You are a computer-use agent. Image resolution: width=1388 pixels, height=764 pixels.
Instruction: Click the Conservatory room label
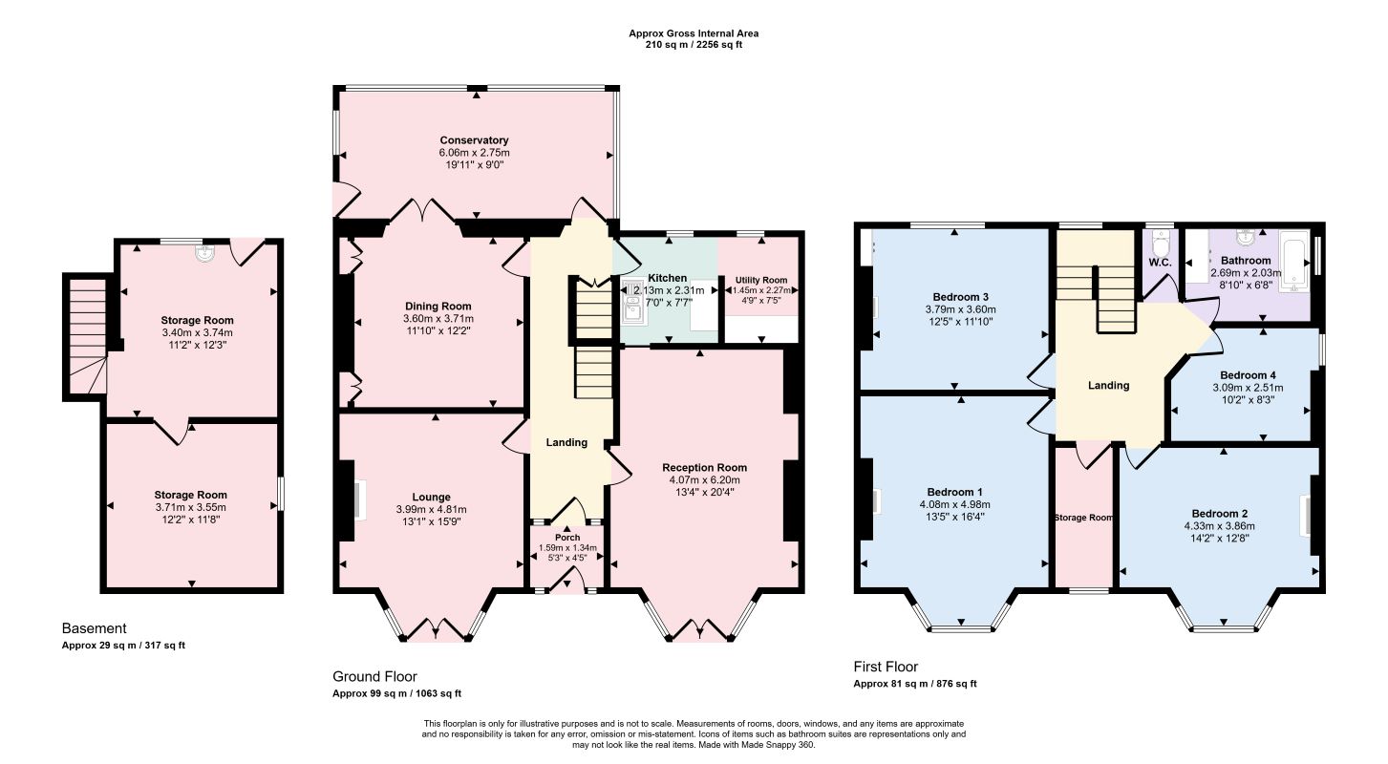point(474,140)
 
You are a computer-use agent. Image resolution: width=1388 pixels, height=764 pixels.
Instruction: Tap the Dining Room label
point(438,307)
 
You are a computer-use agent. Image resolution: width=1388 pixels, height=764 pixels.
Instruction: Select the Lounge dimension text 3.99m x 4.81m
point(431,509)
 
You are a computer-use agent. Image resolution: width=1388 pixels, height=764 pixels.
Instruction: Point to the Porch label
point(567,538)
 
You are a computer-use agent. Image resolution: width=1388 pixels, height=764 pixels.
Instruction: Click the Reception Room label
point(705,468)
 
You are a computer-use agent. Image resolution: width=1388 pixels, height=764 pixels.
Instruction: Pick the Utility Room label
point(761,280)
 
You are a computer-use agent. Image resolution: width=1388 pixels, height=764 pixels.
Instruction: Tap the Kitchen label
point(668,278)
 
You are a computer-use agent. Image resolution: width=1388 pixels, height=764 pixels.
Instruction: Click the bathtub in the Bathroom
point(1295,261)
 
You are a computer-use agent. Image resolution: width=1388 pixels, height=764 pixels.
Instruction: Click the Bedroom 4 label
point(1248,375)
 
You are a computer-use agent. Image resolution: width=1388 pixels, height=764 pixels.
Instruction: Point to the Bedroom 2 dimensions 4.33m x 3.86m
point(1220,526)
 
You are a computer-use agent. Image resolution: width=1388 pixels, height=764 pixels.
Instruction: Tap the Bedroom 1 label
point(955,492)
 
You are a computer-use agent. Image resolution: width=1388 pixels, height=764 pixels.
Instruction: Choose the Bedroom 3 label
point(960,297)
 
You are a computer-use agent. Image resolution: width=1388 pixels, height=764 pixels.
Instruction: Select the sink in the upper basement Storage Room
point(203,252)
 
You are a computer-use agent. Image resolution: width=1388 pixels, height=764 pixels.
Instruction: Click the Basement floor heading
point(95,628)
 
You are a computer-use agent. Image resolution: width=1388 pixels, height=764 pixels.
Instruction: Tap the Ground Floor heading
point(374,677)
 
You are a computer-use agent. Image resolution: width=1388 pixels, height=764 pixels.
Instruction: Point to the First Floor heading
point(886,667)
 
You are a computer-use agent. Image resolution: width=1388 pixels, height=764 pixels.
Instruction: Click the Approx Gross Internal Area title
point(694,33)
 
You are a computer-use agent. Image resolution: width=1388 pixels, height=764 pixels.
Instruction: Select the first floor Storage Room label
point(1084,518)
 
